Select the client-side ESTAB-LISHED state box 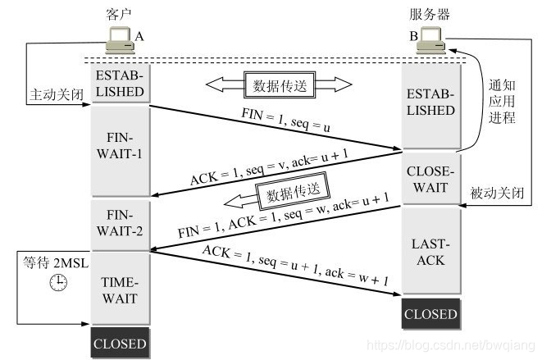120,83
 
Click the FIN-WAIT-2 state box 120,224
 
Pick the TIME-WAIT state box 120,289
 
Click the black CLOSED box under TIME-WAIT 120,343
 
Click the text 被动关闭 497,195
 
